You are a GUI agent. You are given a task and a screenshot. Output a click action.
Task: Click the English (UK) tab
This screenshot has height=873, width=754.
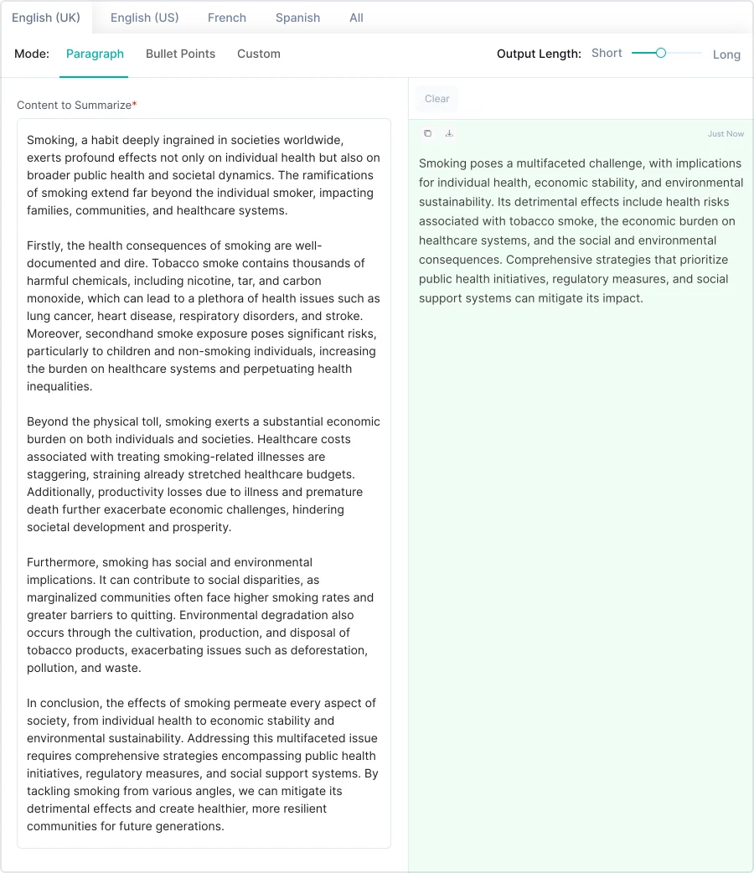[46, 18]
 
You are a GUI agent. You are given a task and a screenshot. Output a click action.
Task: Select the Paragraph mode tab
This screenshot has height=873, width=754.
[95, 54]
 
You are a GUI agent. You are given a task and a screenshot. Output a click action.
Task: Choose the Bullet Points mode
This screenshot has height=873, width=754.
[180, 54]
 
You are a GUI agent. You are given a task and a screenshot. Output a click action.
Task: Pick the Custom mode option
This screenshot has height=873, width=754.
[258, 54]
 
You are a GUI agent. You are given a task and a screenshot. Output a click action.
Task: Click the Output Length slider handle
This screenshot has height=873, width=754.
[661, 53]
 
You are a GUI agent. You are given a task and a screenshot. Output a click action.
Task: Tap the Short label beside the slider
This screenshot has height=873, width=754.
[607, 54]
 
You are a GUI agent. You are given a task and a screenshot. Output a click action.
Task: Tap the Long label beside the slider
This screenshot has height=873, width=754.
[726, 54]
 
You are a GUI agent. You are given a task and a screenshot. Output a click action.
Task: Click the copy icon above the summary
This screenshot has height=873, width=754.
[427, 133]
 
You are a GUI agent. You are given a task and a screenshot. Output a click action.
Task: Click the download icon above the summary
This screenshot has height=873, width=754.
[449, 133]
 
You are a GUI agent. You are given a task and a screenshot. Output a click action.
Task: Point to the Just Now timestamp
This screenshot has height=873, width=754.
[726, 134]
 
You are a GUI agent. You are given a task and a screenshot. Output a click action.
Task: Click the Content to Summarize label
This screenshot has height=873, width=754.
[74, 106]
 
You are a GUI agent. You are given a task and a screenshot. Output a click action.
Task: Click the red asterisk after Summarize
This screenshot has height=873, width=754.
[135, 104]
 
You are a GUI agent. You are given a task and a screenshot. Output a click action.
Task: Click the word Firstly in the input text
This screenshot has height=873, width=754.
[45, 245]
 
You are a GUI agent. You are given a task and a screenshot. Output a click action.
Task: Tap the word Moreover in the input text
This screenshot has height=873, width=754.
[53, 333]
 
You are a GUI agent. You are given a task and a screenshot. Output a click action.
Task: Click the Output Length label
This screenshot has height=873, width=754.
[539, 54]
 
